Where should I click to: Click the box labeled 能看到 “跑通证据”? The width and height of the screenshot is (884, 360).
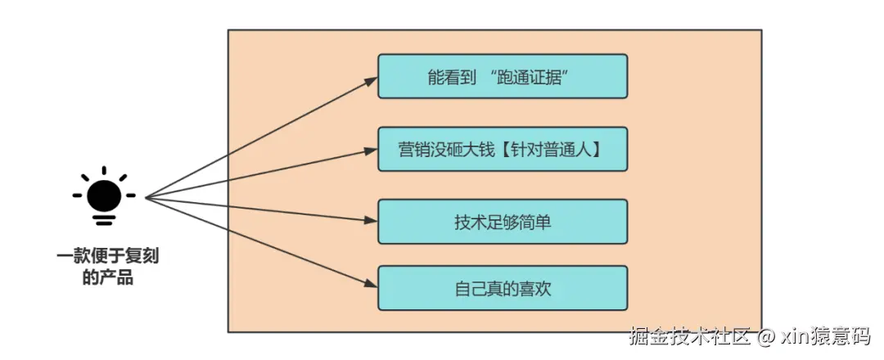[502, 76]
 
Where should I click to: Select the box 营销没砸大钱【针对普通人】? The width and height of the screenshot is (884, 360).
[502, 149]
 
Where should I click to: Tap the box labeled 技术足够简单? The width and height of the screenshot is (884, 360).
[502, 221]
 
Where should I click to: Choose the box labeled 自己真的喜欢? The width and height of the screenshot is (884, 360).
[502, 288]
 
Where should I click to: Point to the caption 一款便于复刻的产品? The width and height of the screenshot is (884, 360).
[107, 267]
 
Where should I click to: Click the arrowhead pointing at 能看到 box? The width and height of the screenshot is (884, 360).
[371, 80]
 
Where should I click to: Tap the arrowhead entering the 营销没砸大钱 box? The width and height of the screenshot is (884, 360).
[371, 150]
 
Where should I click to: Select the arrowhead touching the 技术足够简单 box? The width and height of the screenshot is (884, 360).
[371, 220]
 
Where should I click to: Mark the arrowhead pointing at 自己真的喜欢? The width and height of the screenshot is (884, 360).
[371, 284]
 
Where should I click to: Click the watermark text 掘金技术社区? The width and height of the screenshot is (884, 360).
[689, 336]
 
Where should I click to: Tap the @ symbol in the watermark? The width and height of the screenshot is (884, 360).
[765, 336]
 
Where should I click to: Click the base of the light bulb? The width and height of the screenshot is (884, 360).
[104, 218]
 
